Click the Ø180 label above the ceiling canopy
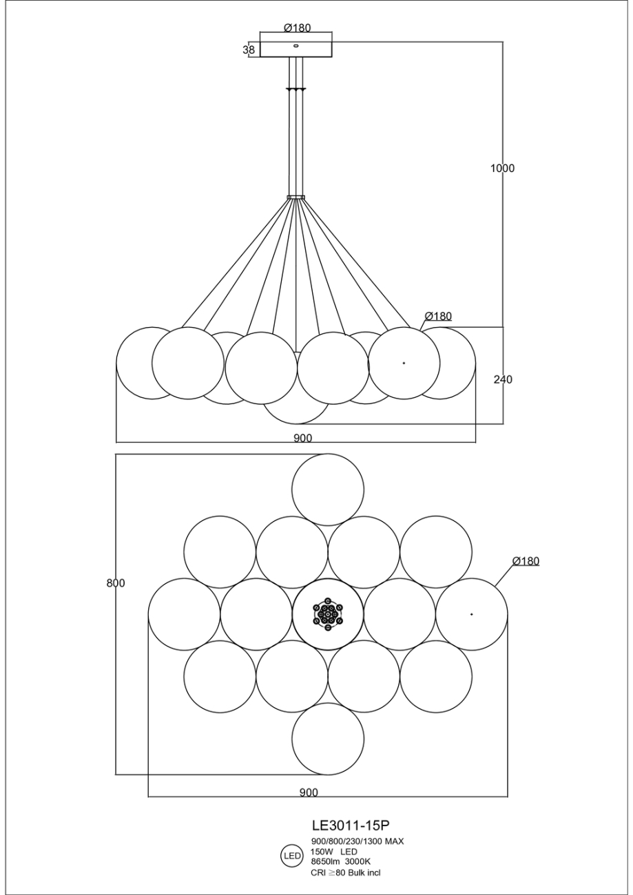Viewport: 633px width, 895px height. pos(298,28)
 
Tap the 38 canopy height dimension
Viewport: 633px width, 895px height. pos(249,50)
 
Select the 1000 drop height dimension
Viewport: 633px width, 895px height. pos(502,168)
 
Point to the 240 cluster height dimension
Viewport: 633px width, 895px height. pos(502,379)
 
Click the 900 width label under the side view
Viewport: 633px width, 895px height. pos(303,438)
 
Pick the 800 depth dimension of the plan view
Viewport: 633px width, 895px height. pos(116,583)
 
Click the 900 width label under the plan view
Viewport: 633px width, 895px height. pos(309,792)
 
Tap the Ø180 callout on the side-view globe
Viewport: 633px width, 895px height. pos(438,317)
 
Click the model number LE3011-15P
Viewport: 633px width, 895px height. pos(351,824)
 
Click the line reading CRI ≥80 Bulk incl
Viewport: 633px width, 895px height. pos(346,872)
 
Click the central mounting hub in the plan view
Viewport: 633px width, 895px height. pos(328,614)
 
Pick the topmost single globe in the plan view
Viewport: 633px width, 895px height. pos(328,489)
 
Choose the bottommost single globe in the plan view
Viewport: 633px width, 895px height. pos(328,739)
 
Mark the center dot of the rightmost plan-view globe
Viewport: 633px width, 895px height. pos(472,614)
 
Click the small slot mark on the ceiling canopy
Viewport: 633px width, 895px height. pos(296,45)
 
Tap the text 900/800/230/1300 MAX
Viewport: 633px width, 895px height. pos(357,841)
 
